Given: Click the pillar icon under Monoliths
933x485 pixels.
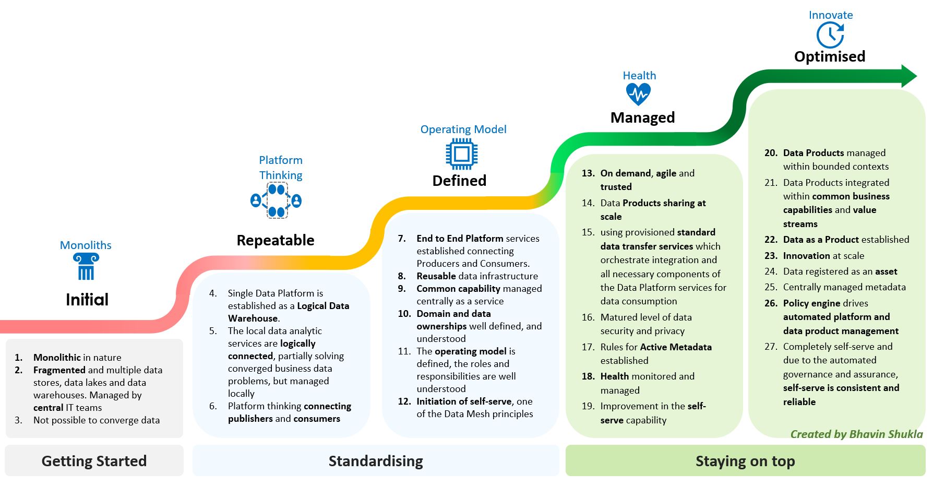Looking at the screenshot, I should pos(86,266).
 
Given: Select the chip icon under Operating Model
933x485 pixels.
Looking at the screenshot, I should pos(462,154).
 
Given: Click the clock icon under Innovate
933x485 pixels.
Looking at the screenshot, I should pos(830,36).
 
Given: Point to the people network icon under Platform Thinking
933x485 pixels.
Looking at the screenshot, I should pos(276,200).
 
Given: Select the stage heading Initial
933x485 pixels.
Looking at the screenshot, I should pos(87,300).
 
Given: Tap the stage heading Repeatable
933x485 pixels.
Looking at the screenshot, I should pos(276,240).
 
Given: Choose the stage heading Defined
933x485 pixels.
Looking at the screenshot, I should pos(459,181).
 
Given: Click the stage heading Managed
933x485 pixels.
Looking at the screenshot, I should pos(642,117).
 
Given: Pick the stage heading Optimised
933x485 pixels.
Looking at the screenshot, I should pos(830,56).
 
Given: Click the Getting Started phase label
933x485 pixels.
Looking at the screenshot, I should pos(94,461).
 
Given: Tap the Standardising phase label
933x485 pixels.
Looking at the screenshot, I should pos(376,461).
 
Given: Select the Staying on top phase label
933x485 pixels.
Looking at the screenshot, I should pos(745,461).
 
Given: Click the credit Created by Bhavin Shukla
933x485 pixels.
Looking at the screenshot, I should pos(856,434).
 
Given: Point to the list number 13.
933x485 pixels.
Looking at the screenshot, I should pos(588,173).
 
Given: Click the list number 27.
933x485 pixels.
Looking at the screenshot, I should pos(771,347).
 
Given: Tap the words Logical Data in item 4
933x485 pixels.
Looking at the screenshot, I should pos(323,306).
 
